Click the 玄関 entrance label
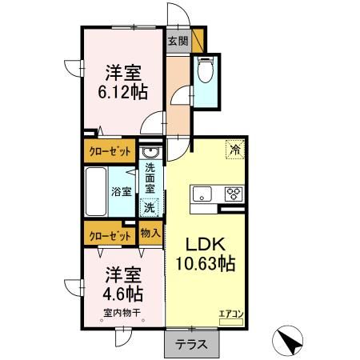178,41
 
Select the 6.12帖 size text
122,93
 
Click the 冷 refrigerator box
235,148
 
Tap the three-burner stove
234,193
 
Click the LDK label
207,243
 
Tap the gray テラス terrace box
187,345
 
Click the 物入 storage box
150,234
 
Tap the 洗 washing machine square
150,207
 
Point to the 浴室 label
121,192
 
